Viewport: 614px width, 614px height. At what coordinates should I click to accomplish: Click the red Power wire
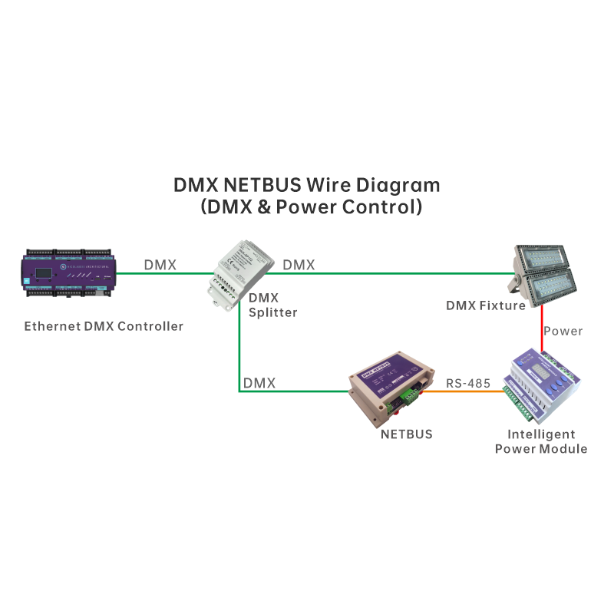tap(542, 330)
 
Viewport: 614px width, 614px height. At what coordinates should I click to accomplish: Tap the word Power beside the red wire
tap(563, 332)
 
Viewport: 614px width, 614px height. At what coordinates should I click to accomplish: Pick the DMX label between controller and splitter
tap(160, 265)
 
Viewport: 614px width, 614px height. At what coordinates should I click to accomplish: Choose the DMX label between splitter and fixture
tap(299, 265)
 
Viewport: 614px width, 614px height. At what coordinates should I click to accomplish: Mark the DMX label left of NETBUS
tap(259, 382)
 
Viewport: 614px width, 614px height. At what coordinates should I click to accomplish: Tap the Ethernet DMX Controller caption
tap(104, 326)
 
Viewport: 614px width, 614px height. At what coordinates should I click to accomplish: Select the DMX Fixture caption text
tap(486, 305)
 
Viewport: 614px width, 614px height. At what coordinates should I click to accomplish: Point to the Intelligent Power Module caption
tap(541, 441)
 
